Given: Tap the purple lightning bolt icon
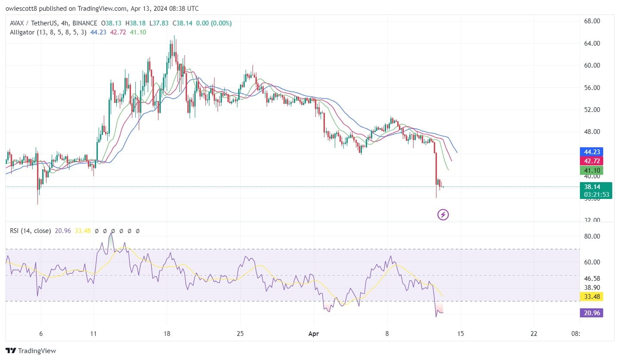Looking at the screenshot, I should [x=443, y=214].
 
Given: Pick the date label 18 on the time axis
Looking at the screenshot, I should [x=167, y=334].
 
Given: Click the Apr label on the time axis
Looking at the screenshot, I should [x=314, y=334].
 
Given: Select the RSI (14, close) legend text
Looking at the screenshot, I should [x=30, y=231].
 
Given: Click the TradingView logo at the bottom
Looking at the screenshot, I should [x=31, y=351].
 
